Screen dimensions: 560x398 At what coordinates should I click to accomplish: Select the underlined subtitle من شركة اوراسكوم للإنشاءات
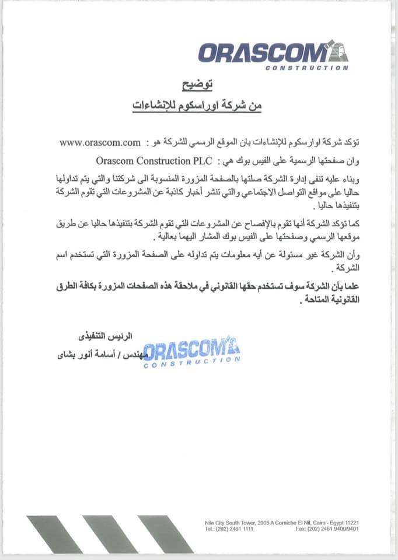[x=198, y=106]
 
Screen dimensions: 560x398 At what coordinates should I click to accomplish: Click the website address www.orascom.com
[x=101, y=142]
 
